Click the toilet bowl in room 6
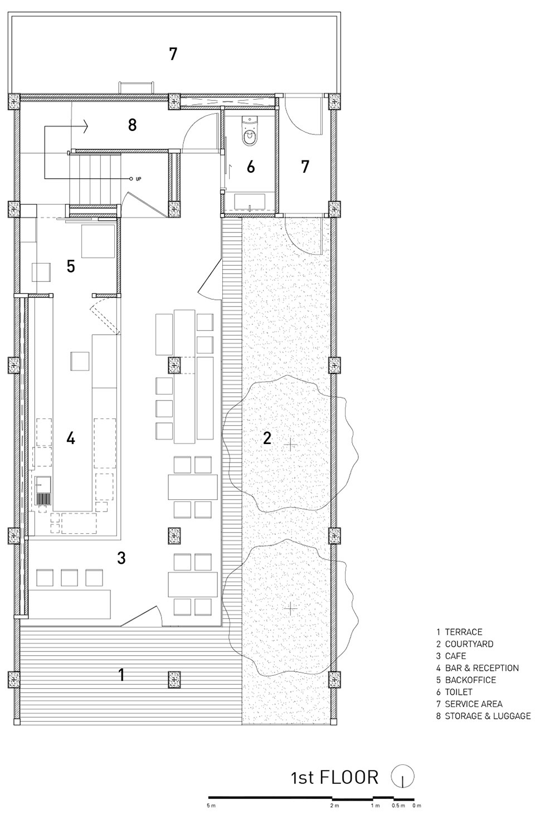click(250, 131)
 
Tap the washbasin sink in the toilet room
click(250, 202)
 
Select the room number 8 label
click(132, 125)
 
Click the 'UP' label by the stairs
click(138, 179)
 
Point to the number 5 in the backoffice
click(71, 266)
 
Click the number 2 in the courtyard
click(267, 438)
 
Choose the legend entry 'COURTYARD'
click(469, 644)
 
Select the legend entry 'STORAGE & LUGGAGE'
click(488, 716)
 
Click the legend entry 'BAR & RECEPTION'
click(482, 668)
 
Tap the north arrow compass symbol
click(402, 776)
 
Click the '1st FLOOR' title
click(334, 777)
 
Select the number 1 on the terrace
click(121, 675)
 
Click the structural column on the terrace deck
click(174, 679)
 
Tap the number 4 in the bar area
click(71, 438)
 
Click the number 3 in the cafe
click(121, 558)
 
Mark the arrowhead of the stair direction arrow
click(86, 126)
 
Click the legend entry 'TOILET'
click(459, 692)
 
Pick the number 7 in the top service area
click(173, 54)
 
